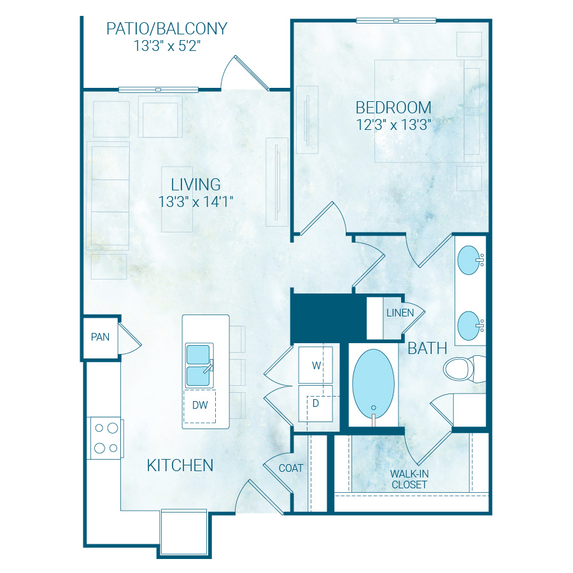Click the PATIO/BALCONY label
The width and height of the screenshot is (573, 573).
167,29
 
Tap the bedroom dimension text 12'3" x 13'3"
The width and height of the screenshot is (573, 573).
393,125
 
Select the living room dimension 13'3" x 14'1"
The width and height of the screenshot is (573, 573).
195,202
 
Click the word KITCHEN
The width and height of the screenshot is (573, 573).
180,465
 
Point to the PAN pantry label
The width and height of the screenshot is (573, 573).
100,337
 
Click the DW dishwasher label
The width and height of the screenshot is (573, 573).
200,405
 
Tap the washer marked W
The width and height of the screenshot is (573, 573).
315,365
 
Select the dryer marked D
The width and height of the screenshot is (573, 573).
315,404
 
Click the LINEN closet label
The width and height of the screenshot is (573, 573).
400,313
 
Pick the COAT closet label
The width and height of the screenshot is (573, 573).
291,468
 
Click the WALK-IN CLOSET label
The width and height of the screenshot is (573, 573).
409,479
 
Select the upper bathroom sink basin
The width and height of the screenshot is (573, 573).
469,260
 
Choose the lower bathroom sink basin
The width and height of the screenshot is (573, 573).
469,325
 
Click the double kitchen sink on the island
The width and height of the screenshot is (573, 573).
199,365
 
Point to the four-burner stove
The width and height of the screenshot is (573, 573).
106,438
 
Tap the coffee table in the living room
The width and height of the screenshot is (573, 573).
177,199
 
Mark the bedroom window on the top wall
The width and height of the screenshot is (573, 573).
396,20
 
